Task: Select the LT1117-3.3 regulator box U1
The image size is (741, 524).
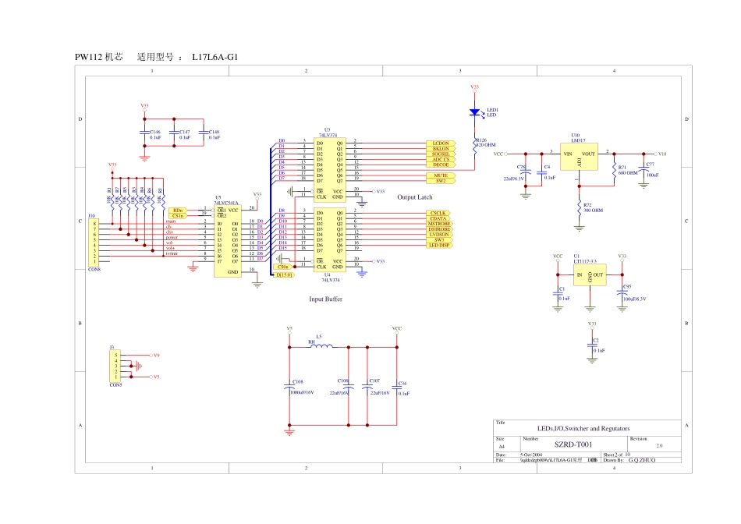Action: [590, 275]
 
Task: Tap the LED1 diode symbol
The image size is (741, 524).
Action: [474, 112]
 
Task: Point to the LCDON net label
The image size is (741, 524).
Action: [441, 144]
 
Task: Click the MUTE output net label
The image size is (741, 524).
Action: [441, 175]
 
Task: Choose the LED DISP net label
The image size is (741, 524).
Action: [439, 246]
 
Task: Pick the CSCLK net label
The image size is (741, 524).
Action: [439, 213]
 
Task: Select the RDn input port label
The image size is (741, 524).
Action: [178, 211]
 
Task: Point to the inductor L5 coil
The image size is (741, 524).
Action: [321, 346]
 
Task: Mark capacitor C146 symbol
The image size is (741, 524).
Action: [144, 133]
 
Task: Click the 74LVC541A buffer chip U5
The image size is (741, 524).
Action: [232, 242]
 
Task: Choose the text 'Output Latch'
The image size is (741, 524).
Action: [414, 197]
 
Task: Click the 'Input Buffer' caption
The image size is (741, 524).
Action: [326, 299]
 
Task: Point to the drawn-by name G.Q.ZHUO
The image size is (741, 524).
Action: [642, 460]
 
